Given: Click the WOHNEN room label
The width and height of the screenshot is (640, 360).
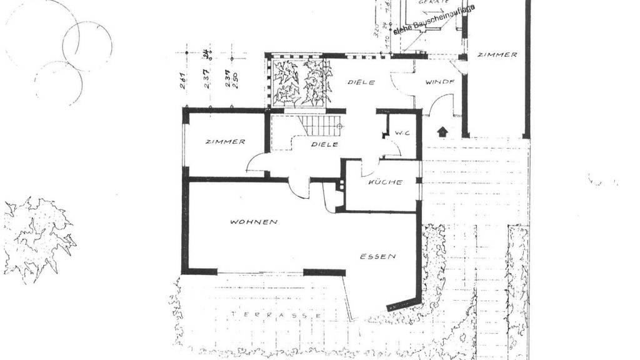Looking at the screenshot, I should pos(253,222).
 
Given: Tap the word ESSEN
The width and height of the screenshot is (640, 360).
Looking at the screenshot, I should pos(377,256).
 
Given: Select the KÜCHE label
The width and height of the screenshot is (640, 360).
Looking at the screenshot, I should pos(384,182).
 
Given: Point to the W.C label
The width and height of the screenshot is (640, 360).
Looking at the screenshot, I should pos(401,132).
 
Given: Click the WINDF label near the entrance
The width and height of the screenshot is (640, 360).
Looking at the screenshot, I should pos(440,82).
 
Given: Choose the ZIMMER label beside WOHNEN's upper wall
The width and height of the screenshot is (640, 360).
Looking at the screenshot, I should pos(225,142).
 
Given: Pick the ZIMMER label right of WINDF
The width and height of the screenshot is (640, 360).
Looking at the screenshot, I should pos(497,55).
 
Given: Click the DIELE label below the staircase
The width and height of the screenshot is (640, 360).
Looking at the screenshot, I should pos(325,144).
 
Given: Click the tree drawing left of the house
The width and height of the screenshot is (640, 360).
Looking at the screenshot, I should pos(37,237).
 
